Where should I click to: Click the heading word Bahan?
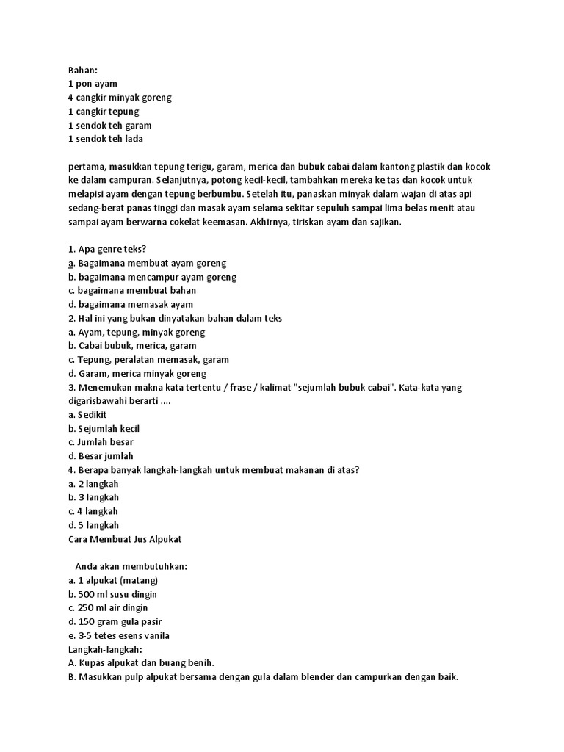click(x=82, y=70)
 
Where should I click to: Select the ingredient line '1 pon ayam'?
click(x=93, y=84)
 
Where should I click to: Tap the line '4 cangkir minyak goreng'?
click(x=120, y=98)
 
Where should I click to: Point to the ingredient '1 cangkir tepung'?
click(x=104, y=112)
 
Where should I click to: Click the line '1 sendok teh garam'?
click(x=109, y=126)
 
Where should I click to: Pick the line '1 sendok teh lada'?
click(x=105, y=139)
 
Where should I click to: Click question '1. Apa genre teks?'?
click(x=108, y=249)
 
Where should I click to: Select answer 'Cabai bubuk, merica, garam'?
click(x=137, y=345)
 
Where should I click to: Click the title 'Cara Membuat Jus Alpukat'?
click(x=124, y=539)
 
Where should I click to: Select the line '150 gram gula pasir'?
click(x=120, y=622)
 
